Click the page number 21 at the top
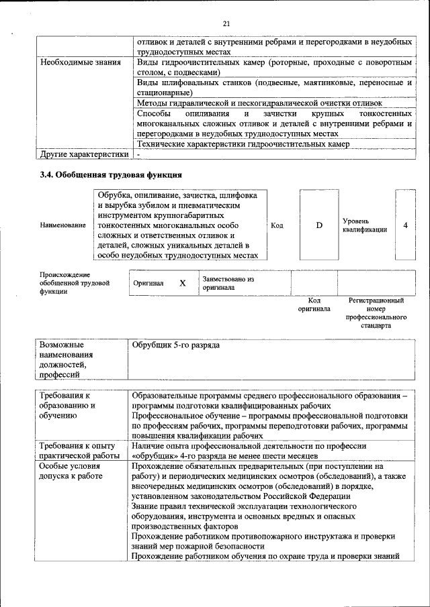226,23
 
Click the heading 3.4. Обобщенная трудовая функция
111,175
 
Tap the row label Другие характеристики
84,154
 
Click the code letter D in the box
318,225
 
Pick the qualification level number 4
405,225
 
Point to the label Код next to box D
277,225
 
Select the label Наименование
62,225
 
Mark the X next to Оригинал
182,283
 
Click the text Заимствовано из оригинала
228,283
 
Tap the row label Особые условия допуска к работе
70,471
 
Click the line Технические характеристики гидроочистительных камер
243,144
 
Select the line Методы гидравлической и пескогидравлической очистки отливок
259,103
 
